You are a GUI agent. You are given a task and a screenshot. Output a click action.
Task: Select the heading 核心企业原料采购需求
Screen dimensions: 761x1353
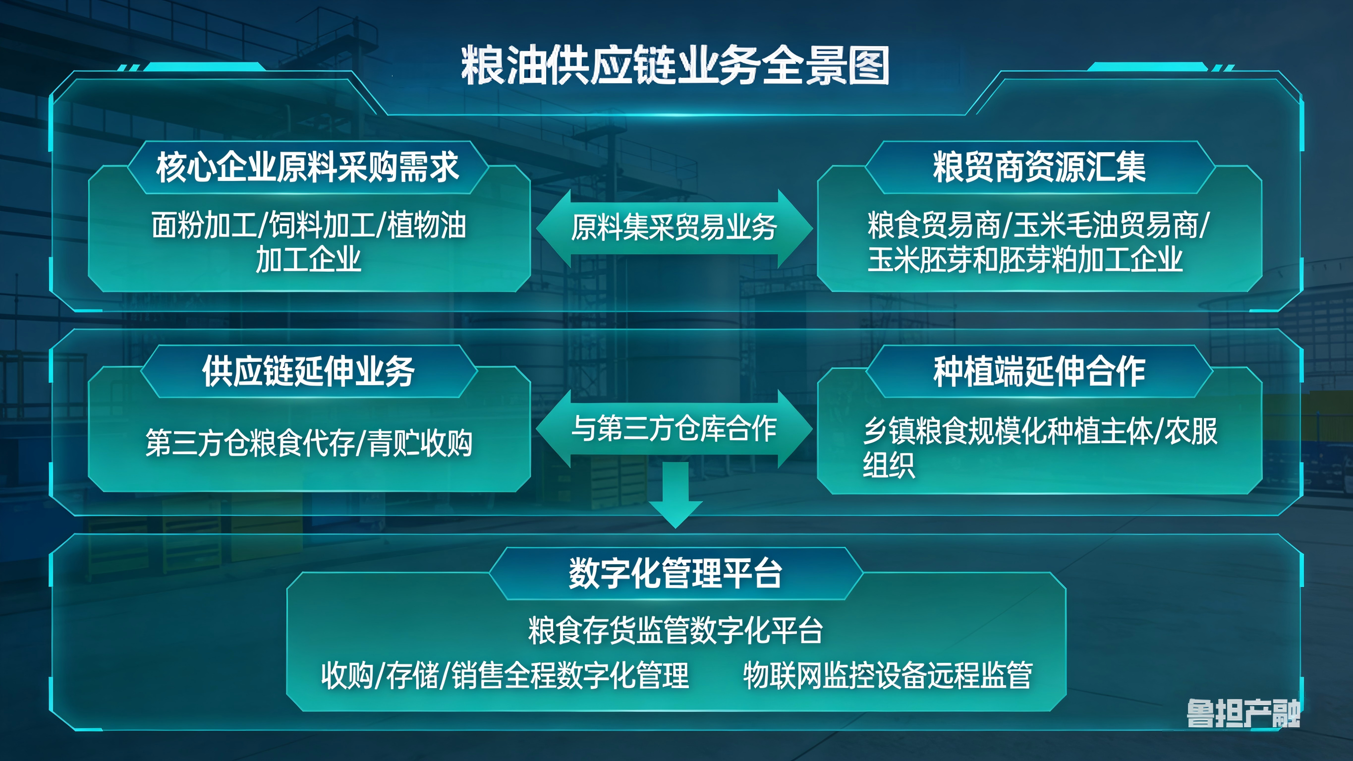tap(308, 167)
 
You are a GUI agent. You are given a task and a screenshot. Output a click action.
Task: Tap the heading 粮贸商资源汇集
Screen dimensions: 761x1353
tap(1039, 167)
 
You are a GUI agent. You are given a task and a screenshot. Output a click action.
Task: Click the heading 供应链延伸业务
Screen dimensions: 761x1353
tap(309, 371)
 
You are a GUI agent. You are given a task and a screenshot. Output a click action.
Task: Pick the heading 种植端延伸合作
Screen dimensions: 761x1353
tap(1039, 371)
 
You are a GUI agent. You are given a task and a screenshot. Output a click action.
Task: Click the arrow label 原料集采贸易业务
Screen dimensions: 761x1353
tap(675, 228)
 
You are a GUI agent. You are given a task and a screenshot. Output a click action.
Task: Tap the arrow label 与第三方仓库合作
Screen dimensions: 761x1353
tap(675, 428)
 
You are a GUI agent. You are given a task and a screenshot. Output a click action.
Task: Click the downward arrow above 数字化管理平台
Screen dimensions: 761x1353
tap(676, 497)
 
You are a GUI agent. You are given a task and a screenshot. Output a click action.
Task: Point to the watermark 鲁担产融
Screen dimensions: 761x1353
tap(1242, 714)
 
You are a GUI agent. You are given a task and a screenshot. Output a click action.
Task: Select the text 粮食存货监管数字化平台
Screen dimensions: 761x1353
tap(676, 630)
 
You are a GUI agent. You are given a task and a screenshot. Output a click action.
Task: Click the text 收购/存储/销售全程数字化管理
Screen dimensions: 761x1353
tap(505, 675)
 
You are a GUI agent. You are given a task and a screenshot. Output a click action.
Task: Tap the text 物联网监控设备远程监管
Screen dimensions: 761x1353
tap(888, 675)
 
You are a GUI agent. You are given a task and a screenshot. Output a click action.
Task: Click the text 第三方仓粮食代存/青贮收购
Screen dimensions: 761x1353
tap(309, 443)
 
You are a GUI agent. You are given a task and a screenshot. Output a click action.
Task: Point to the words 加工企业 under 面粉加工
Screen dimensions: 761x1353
tap(308, 260)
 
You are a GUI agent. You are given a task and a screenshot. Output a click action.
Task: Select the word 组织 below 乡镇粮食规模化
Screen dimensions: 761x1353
tap(889, 465)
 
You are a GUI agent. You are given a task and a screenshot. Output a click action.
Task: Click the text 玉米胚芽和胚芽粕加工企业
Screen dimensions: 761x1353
tap(1025, 260)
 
